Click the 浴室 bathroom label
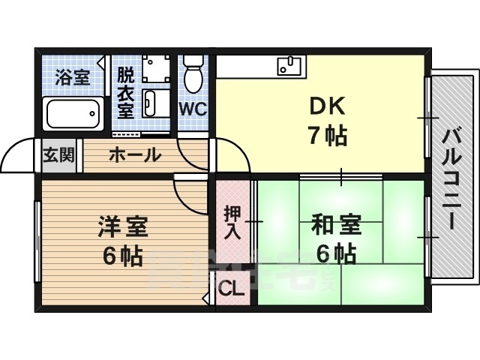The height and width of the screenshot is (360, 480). pos(72,76)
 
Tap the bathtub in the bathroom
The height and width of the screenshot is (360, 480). pos(73,114)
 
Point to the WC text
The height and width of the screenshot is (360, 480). pos(193,109)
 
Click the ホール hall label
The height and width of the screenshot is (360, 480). pos(135,155)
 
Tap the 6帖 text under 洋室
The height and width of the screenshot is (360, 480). pos(124,256)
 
